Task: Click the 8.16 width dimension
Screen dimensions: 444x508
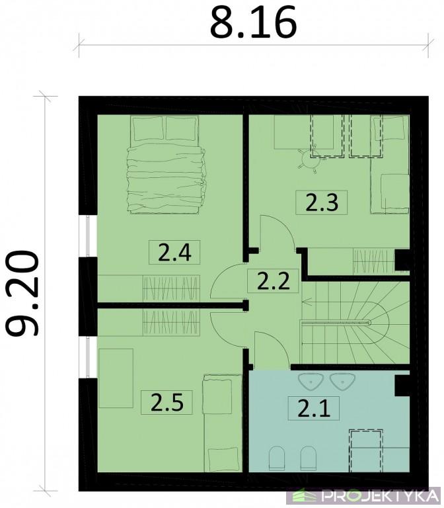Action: (253, 22)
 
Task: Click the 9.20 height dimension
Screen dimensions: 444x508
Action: (22, 293)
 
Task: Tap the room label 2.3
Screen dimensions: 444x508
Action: (322, 202)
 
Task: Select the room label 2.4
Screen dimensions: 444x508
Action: (174, 253)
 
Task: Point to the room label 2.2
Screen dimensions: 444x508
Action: (273, 281)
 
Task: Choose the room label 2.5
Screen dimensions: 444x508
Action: (167, 402)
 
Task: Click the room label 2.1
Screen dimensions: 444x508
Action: (314, 408)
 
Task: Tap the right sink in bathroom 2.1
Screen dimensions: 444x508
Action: (342, 382)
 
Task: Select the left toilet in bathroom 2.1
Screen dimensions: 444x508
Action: (277, 458)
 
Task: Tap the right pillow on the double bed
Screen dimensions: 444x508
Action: (181, 128)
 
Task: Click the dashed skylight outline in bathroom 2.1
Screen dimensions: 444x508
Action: (365, 450)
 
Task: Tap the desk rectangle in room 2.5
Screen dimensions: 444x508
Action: (116, 378)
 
